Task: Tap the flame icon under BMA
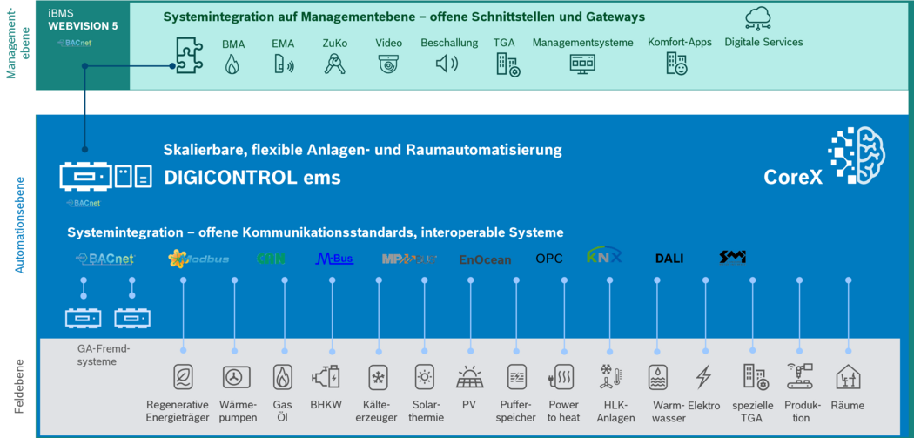pyautogui.click(x=232, y=64)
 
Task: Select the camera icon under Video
pyautogui.click(x=388, y=64)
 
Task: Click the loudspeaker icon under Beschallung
pyautogui.click(x=447, y=64)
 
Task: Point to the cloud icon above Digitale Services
pyautogui.click(x=758, y=18)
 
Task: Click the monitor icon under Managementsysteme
pyautogui.click(x=582, y=64)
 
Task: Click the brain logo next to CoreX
pyautogui.click(x=857, y=157)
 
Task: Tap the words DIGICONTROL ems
pyautogui.click(x=252, y=178)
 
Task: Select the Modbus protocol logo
pyautogui.click(x=199, y=259)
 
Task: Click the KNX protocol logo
pyautogui.click(x=604, y=257)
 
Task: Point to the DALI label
pyautogui.click(x=669, y=259)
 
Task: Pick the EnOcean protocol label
pyautogui.click(x=485, y=259)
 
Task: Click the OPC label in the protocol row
pyautogui.click(x=549, y=259)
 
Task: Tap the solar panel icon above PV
pyautogui.click(x=470, y=378)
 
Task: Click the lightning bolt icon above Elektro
pyautogui.click(x=703, y=377)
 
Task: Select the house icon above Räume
pyautogui.click(x=848, y=377)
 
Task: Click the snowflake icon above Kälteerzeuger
pyautogui.click(x=378, y=377)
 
